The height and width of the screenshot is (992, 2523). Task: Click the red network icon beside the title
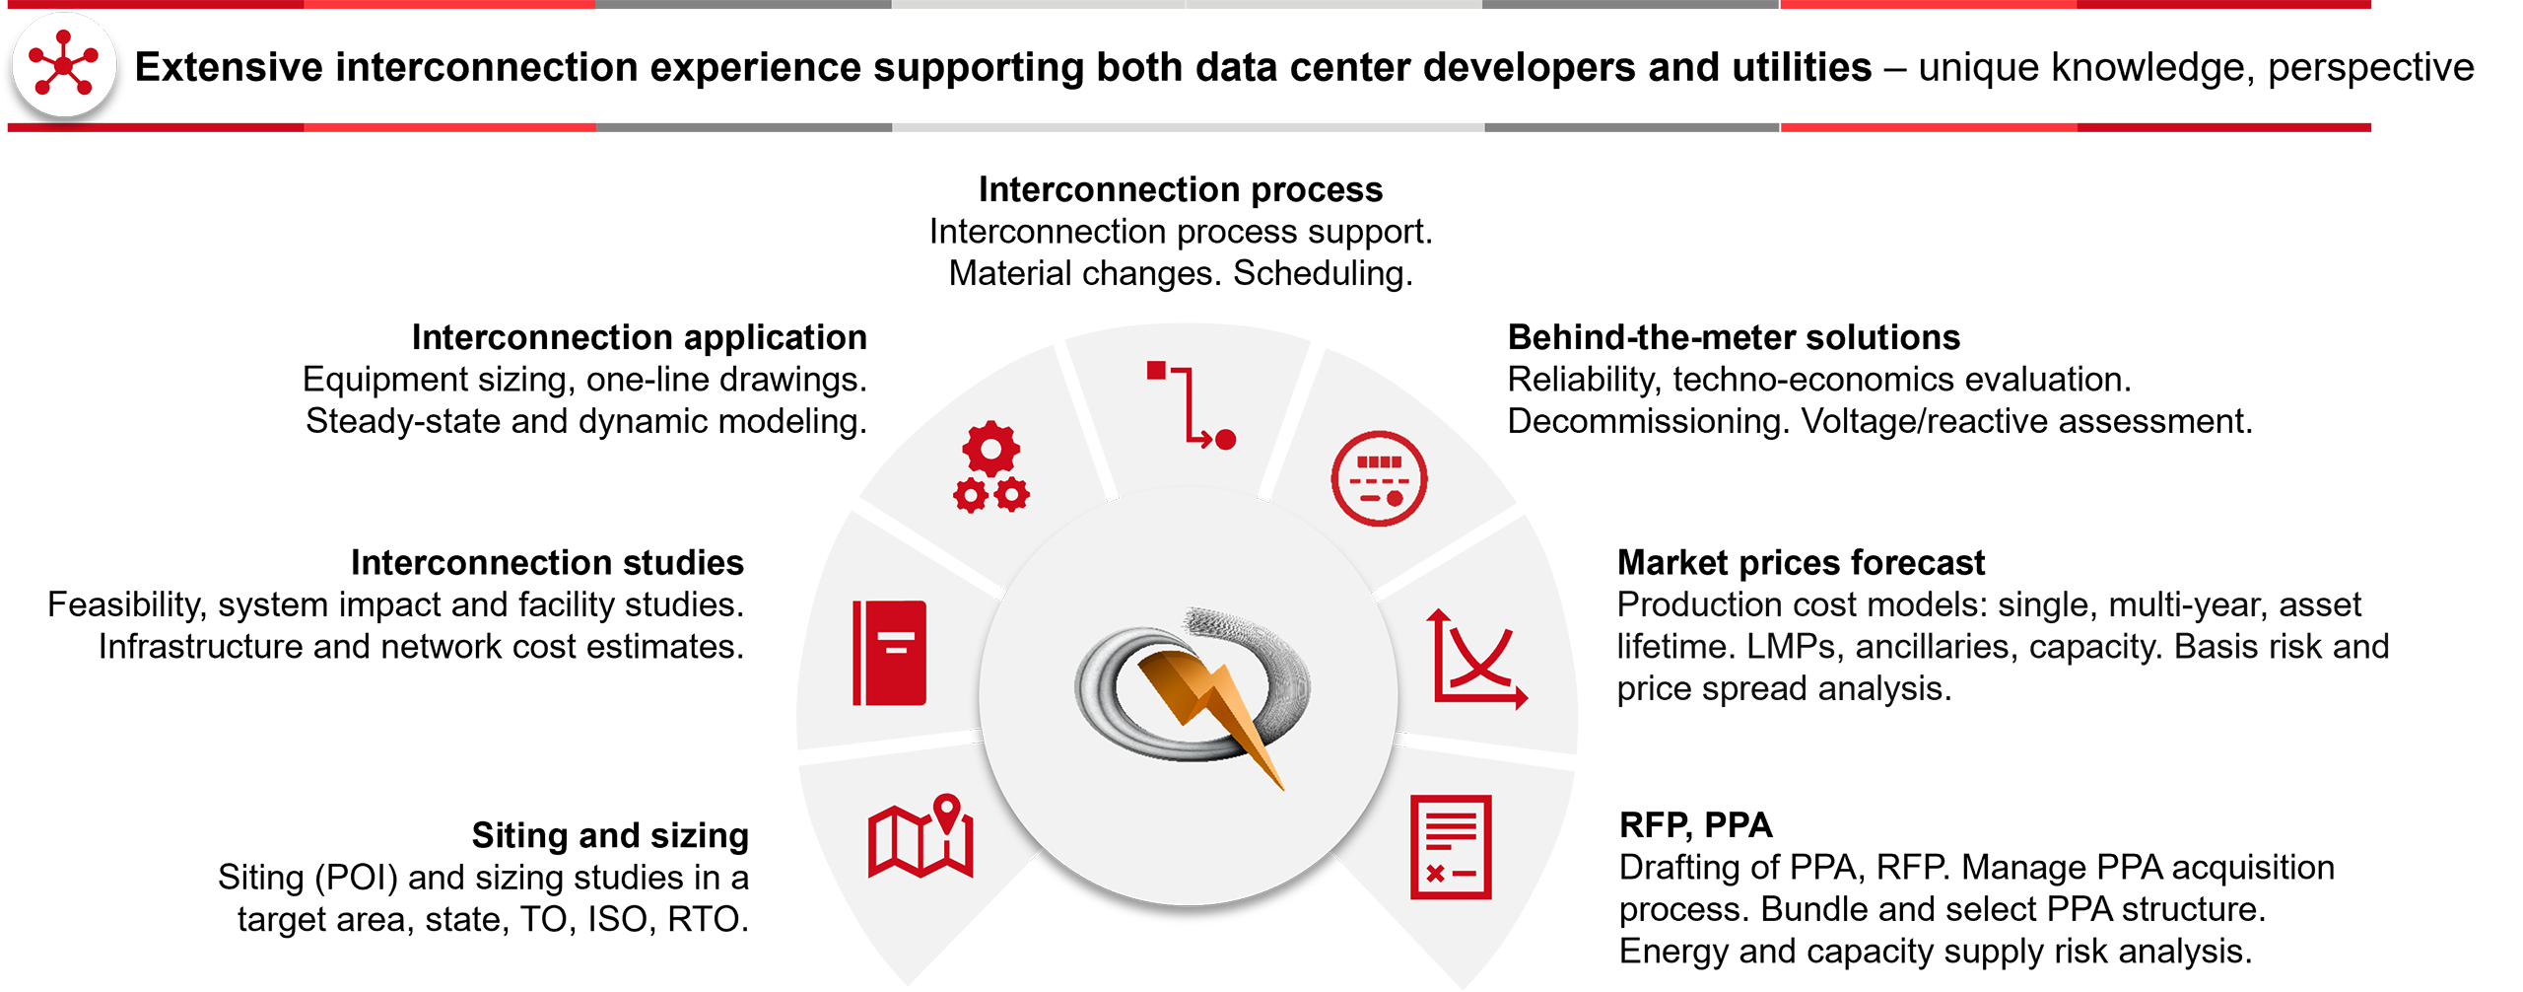point(64,65)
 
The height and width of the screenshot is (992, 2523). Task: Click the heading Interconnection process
point(1180,189)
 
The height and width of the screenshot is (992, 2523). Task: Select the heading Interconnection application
point(639,337)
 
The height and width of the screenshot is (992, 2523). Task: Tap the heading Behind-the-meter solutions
point(1733,337)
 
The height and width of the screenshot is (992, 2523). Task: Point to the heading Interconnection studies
point(547,562)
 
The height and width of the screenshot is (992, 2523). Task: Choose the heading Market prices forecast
point(1800,562)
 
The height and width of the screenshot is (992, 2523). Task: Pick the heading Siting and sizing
point(610,835)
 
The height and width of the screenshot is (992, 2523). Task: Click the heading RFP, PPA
point(1695,824)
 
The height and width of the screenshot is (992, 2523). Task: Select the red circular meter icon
point(1379,478)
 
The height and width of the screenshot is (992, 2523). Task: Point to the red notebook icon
point(889,653)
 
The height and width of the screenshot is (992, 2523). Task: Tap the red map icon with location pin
point(921,836)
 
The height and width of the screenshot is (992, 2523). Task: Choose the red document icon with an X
point(1450,847)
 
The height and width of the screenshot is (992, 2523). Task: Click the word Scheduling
point(1323,273)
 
